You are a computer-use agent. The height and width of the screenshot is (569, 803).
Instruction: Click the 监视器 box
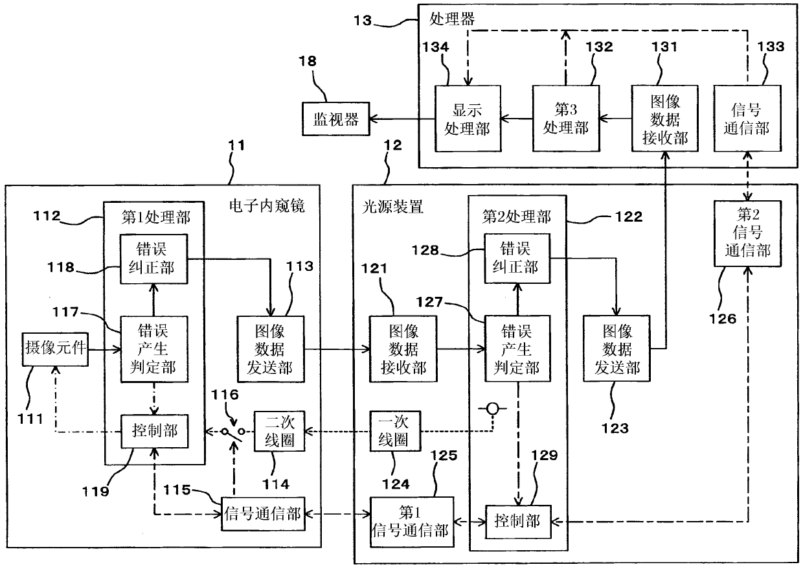click(335, 119)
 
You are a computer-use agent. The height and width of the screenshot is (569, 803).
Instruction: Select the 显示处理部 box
click(468, 119)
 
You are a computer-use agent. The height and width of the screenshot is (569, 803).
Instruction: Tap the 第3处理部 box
click(566, 119)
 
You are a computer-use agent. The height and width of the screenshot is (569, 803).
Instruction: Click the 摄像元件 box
click(55, 349)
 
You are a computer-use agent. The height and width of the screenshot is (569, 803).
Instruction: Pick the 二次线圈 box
click(279, 431)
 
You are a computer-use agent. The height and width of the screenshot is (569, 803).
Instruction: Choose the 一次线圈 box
click(395, 431)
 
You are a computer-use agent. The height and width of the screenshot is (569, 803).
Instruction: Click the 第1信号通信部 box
click(412, 522)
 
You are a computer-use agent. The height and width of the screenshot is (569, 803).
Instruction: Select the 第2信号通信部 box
click(747, 233)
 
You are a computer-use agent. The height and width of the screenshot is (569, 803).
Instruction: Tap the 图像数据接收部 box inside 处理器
click(664, 119)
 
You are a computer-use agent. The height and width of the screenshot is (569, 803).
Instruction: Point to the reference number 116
click(225, 395)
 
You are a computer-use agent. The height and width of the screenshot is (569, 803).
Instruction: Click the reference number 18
click(308, 61)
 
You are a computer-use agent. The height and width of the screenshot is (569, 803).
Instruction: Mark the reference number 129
click(544, 456)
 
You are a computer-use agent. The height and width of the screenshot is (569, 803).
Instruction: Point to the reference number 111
click(30, 419)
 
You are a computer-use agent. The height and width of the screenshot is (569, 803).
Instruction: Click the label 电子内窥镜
click(267, 206)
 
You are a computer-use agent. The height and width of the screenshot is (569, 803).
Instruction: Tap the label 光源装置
click(392, 207)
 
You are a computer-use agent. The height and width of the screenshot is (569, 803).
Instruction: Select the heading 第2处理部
click(516, 216)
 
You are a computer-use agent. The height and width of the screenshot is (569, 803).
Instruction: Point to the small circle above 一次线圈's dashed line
click(493, 408)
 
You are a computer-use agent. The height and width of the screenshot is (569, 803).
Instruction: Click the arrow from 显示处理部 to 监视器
click(402, 119)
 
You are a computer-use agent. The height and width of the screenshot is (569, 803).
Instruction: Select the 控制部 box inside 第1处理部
click(155, 431)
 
